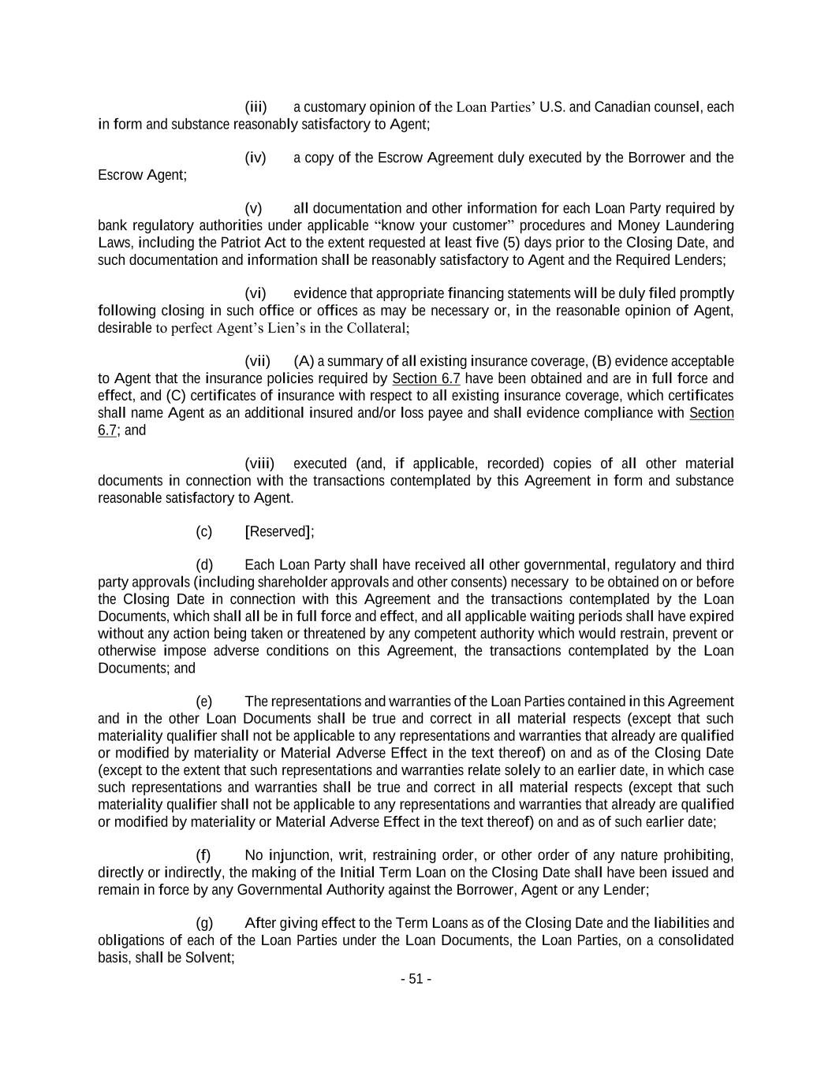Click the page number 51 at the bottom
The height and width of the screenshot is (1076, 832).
416,979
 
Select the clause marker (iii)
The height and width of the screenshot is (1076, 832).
256,106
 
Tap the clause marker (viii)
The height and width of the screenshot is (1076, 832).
259,464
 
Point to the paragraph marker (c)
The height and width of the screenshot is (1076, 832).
204,531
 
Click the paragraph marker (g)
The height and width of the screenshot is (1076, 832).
204,923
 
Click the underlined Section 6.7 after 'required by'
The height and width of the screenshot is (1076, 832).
426,378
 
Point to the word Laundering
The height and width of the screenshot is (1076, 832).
696,225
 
